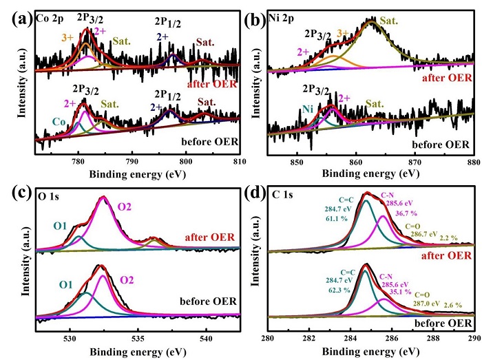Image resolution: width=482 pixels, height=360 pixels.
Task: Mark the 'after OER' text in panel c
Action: tap(211, 237)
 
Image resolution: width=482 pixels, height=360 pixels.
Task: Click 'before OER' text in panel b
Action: tap(439, 146)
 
